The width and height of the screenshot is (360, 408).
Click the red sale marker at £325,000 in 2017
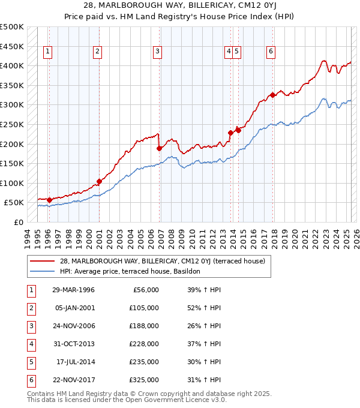tap(272, 95)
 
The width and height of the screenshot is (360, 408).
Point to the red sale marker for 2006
tap(159, 148)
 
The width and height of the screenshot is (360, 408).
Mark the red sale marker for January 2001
tap(99, 181)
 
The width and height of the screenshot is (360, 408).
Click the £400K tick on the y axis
tap(12, 65)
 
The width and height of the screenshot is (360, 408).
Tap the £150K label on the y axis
tap(12, 163)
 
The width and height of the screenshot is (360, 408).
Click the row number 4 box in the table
tap(29, 344)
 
